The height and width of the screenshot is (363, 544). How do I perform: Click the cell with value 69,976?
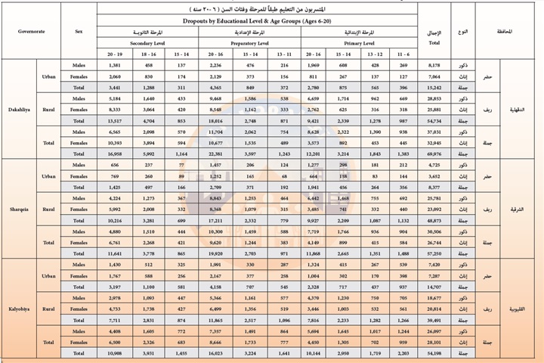click(x=436, y=153)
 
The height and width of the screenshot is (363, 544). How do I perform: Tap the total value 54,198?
click(x=436, y=353)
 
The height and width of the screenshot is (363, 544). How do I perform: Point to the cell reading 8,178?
click(x=436, y=66)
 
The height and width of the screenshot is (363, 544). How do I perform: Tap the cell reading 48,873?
click(x=436, y=221)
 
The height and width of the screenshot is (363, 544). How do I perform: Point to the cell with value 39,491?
click(x=436, y=320)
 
